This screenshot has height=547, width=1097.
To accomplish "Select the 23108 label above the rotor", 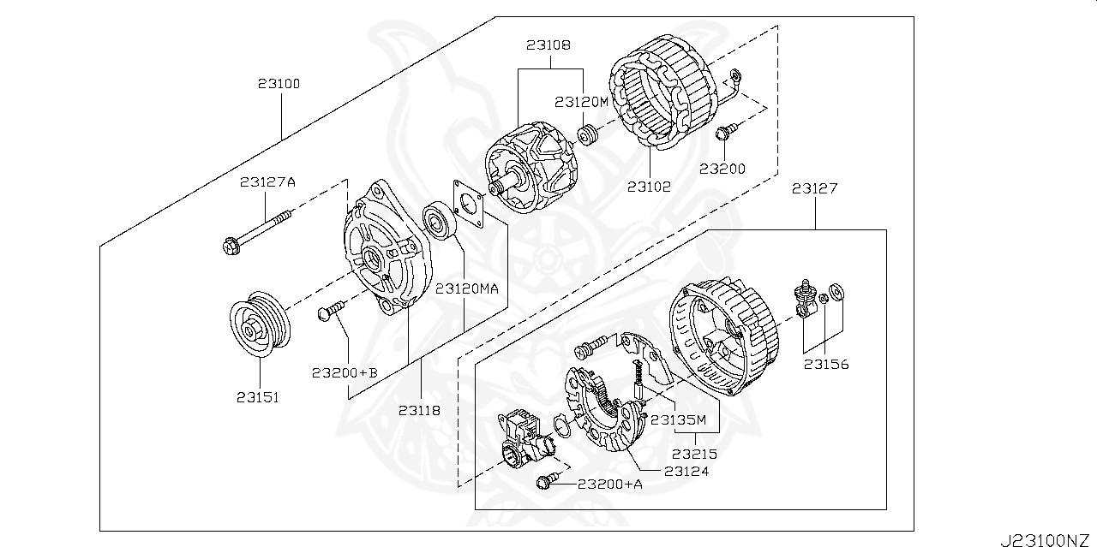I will pyautogui.click(x=549, y=45).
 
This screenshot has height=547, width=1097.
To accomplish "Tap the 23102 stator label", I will pyautogui.click(x=648, y=186).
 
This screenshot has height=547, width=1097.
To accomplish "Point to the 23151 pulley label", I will pyautogui.click(x=259, y=397).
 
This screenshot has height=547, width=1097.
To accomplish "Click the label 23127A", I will pyautogui.click(x=267, y=181).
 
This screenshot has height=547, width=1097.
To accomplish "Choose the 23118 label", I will pyautogui.click(x=419, y=410).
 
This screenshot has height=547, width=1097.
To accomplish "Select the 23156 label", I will pyautogui.click(x=825, y=364).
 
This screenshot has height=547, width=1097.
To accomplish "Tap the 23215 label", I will pyautogui.click(x=694, y=454).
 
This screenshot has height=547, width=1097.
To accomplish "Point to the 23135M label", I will pyautogui.click(x=678, y=419).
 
